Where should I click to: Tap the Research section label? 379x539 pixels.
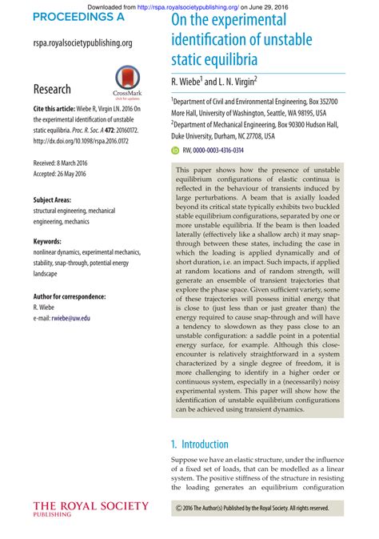point(52,89)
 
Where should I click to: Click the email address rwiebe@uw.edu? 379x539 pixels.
point(72,318)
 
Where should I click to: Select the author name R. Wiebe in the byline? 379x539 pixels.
point(188,82)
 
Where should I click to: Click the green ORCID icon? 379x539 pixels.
point(175,150)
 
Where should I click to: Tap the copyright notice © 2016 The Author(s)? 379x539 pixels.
point(252,508)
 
